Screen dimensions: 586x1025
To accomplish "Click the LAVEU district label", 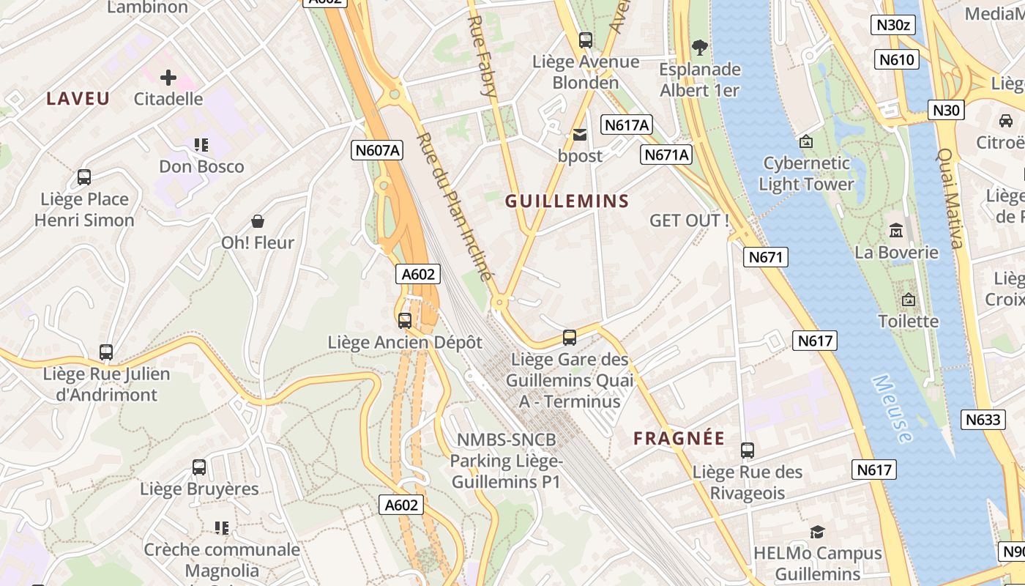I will (78, 99).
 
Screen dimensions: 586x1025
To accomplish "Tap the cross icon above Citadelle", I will (168, 77).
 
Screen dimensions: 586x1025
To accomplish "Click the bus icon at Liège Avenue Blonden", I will (585, 40).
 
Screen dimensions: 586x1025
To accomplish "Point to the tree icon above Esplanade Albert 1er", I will (700, 48).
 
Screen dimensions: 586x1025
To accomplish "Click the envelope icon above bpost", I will (580, 135).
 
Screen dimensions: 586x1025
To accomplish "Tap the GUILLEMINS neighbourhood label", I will (567, 201).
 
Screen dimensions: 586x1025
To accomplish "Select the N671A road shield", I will (666, 155).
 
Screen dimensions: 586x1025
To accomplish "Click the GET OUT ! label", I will (689, 220).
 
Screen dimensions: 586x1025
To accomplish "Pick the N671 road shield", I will (767, 257).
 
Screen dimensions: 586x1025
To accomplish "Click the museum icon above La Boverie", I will (896, 231).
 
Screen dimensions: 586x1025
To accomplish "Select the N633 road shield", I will (983, 420).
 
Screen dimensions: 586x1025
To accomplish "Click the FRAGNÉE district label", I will (679, 439).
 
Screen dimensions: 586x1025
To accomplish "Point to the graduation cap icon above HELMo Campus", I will (817, 532).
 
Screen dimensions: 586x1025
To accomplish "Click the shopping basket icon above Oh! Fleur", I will (258, 220).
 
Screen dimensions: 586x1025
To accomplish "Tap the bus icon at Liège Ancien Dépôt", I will (405, 320).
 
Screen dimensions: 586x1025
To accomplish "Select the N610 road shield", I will (897, 59).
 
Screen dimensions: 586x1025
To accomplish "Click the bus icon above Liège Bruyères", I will (199, 467).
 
